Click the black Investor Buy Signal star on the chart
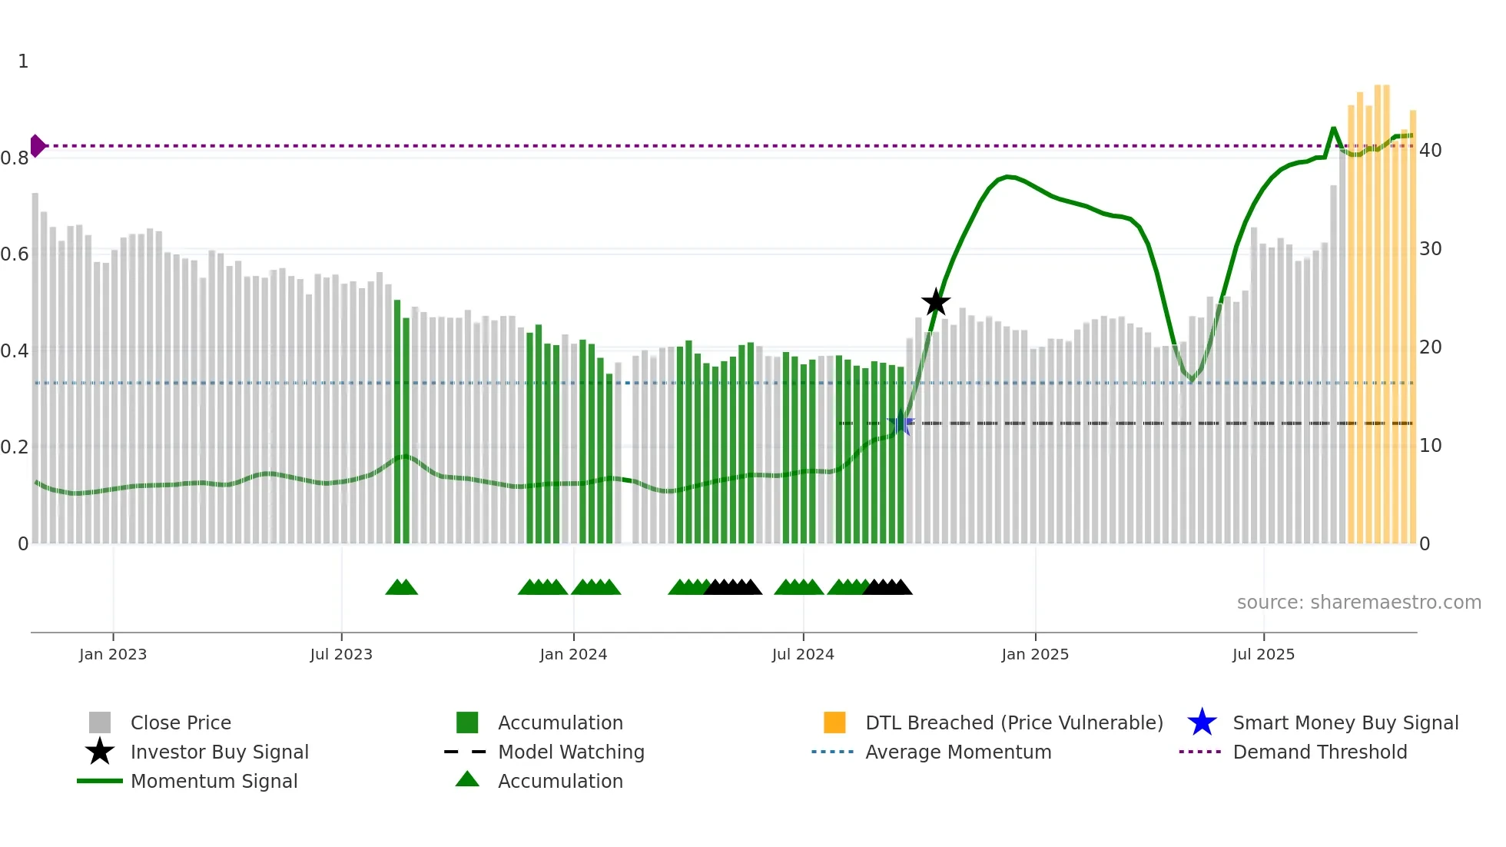tap(935, 303)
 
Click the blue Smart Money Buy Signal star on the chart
tap(901, 423)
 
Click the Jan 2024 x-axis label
tap(573, 654)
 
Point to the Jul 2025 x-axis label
tap(1263, 654)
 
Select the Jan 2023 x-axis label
tap(113, 654)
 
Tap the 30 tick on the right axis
tap(1431, 249)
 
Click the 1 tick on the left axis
tap(23, 61)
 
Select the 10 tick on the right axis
tap(1431, 446)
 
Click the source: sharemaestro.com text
tap(1358, 603)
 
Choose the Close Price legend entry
tap(181, 722)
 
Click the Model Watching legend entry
tap(571, 752)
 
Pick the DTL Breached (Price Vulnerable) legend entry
tap(1013, 722)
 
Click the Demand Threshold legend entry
tap(1319, 752)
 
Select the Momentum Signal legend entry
tap(214, 781)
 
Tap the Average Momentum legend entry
tap(957, 752)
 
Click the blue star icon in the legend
tap(1202, 722)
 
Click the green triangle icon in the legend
tap(467, 779)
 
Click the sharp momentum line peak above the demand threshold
tap(1333, 128)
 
